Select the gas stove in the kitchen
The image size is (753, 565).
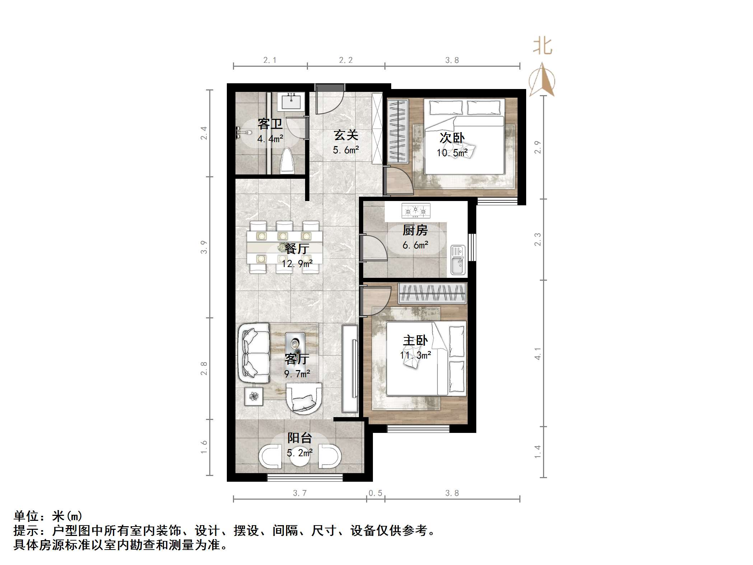pos(416,211)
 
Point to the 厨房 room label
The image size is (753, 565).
pos(415,230)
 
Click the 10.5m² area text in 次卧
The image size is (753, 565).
pos(452,153)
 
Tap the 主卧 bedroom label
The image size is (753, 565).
pos(415,340)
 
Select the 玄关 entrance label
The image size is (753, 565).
pos(346,135)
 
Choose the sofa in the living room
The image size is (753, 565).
pos(253,353)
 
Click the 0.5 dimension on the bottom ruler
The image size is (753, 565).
pos(375,493)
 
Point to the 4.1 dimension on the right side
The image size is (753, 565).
pos(538,354)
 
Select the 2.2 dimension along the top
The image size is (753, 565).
pos(346,60)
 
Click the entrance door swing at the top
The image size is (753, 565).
pos(329,101)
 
